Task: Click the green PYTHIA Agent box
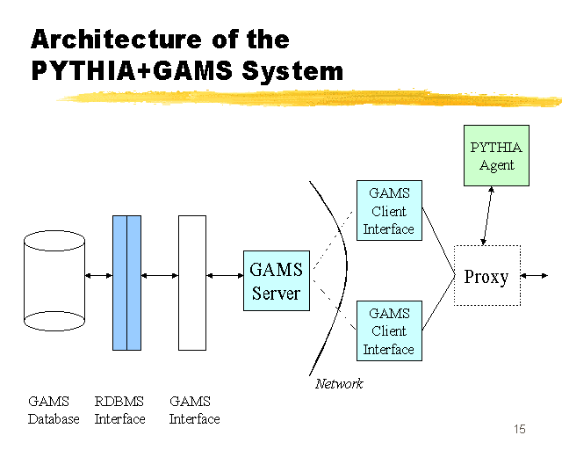click(496, 156)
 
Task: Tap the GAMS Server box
click(277, 280)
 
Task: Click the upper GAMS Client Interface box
click(389, 210)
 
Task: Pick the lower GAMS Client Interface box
click(389, 330)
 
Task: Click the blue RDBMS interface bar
click(126, 283)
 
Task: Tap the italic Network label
click(339, 384)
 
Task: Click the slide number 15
click(520, 429)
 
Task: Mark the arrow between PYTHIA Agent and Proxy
click(487, 215)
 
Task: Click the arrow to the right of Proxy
click(534, 276)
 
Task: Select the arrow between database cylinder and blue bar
click(98, 276)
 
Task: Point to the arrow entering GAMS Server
click(225, 276)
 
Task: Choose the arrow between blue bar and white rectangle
click(160, 276)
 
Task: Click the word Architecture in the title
click(117, 39)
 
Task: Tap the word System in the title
click(292, 70)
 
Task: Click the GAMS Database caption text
click(54, 410)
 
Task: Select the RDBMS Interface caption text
click(119, 410)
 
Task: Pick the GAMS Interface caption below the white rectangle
click(194, 410)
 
